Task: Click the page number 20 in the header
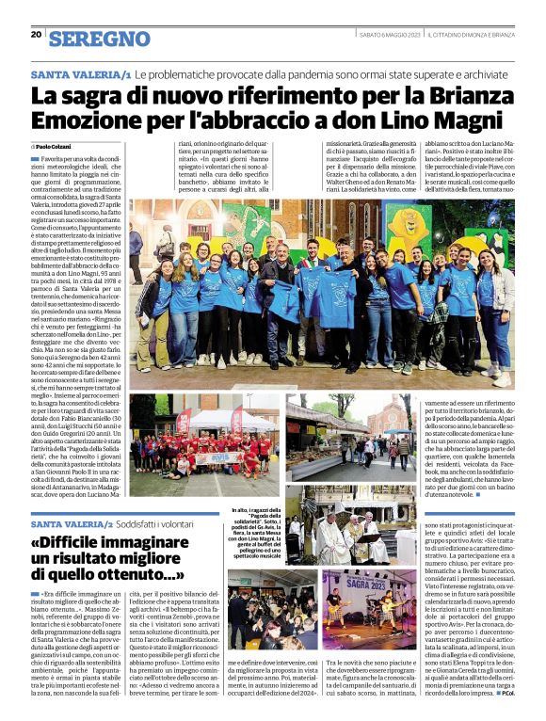36,35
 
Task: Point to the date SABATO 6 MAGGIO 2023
386,35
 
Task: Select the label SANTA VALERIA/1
81,73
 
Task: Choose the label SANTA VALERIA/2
71,522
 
